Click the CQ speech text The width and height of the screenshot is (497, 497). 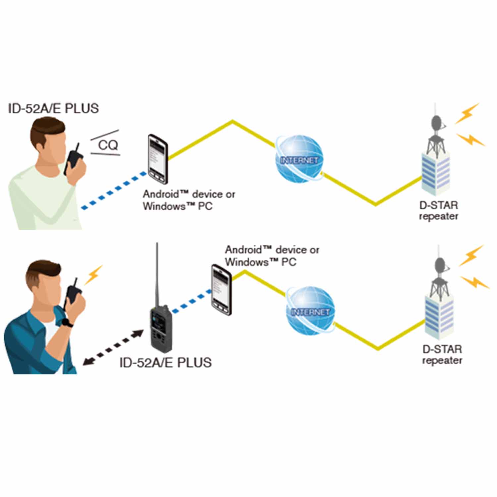point(108,145)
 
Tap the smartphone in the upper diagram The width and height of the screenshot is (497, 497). point(158,159)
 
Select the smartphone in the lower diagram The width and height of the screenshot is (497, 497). point(221,289)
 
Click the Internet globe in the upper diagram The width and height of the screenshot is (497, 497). point(300,159)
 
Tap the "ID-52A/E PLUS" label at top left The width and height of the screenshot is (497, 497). point(53,109)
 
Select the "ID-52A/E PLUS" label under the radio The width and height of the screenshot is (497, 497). point(165,362)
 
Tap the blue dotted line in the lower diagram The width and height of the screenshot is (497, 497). point(192,301)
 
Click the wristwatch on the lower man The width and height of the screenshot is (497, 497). point(68,322)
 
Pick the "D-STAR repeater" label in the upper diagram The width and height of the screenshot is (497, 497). point(438,211)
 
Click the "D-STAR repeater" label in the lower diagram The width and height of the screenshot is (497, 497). point(442,355)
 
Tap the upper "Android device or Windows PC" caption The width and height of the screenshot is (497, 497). point(189,200)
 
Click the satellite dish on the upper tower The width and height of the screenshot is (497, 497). point(437,123)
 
